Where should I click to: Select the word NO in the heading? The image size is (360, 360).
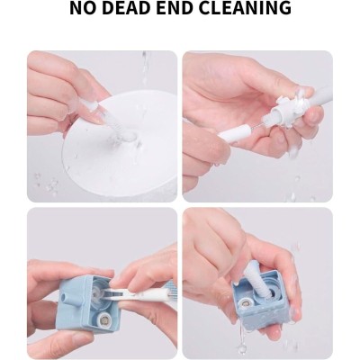(81, 8)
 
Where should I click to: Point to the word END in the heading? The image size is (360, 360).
(170, 8)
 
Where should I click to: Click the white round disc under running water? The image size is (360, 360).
(120, 144)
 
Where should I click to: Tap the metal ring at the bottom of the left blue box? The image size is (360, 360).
(104, 323)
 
